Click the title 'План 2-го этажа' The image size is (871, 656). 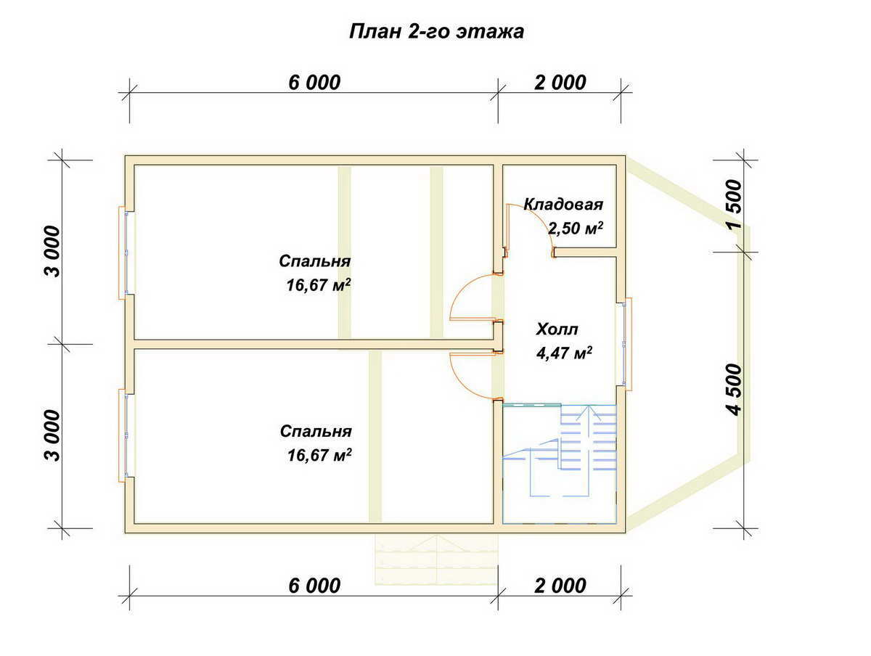[436, 31]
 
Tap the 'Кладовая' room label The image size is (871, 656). [563, 204]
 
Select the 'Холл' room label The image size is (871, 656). [557, 329]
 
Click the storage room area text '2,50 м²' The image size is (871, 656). [576, 228]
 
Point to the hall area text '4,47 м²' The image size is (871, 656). [564, 353]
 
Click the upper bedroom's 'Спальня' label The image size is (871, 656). [315, 261]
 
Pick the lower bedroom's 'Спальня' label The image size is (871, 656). [316, 431]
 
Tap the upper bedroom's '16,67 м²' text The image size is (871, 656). [319, 284]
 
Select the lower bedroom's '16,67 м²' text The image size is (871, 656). [319, 455]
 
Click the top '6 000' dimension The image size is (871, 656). [314, 83]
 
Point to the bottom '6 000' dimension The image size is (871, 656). [314, 586]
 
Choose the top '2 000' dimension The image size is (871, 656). [560, 83]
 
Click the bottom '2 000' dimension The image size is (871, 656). [560, 586]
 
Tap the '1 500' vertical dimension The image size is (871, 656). [734, 204]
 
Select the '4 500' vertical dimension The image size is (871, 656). [734, 390]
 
